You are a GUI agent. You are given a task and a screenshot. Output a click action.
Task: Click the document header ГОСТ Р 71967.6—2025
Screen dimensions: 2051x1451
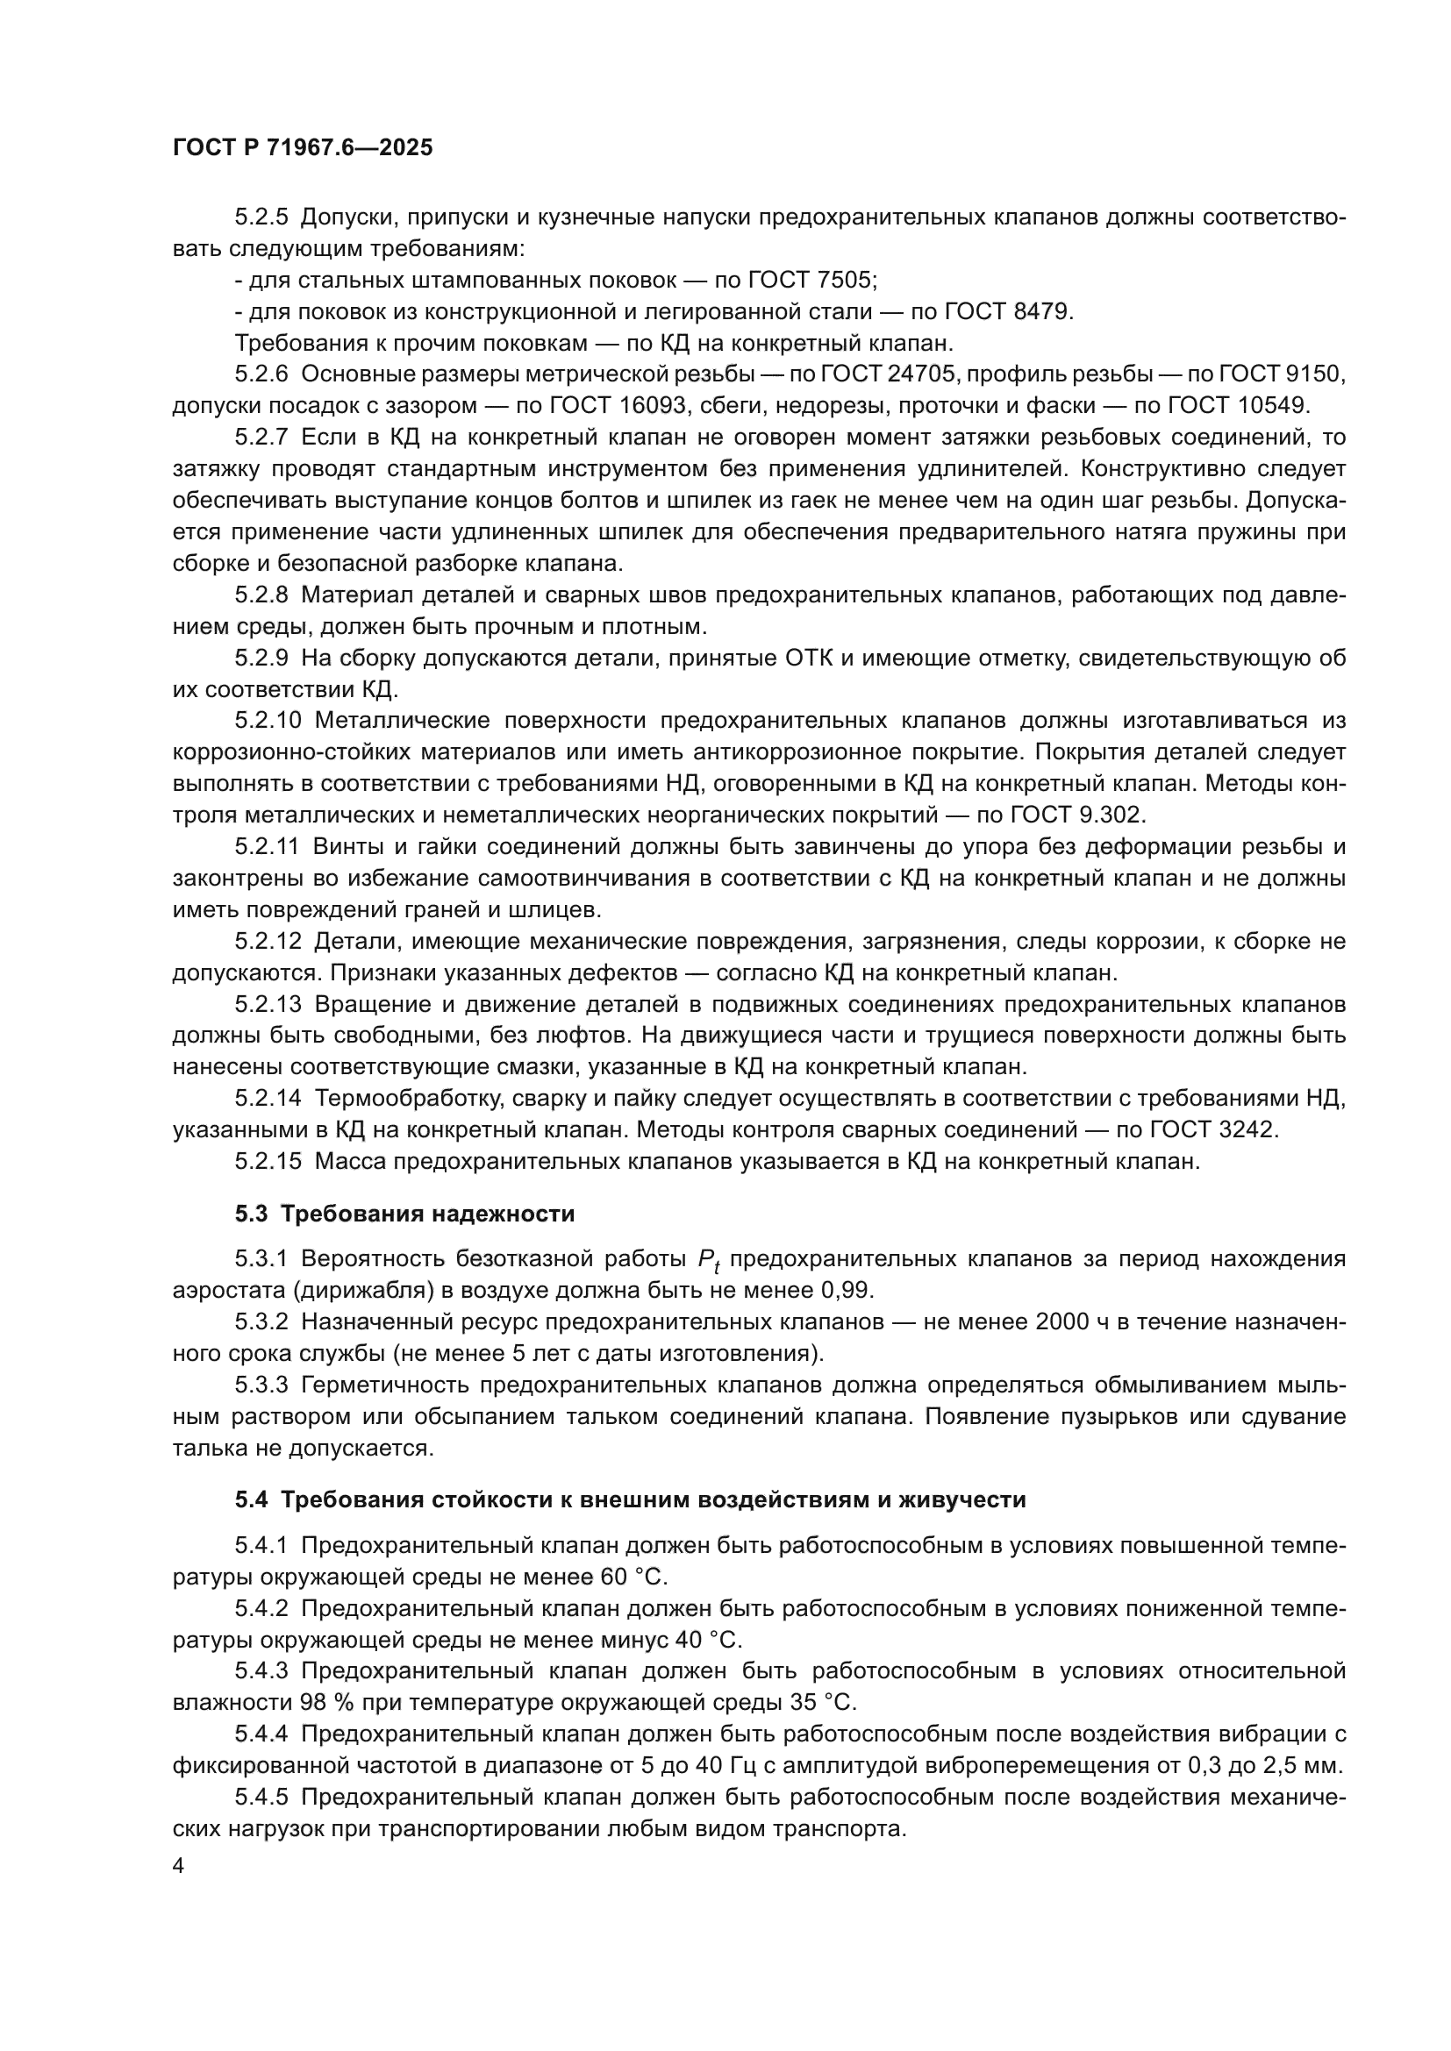tap(302, 148)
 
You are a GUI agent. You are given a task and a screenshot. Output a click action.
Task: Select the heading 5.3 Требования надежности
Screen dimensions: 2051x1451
tap(404, 1213)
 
